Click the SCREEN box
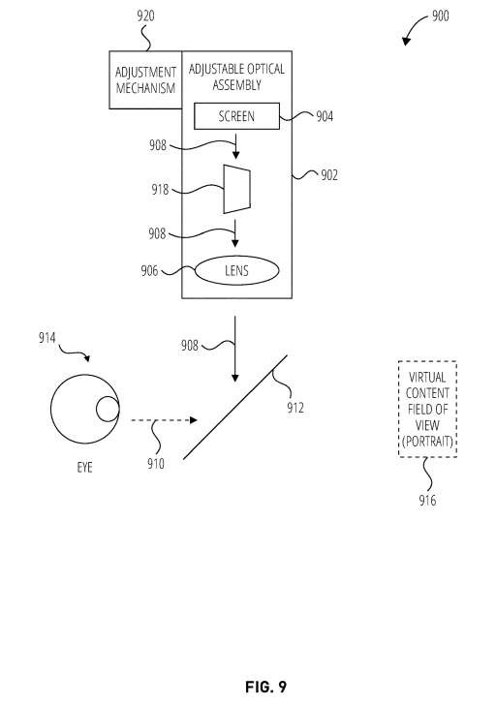point(236,116)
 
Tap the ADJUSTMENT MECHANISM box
point(145,81)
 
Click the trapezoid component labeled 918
point(237,188)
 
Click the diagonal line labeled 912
point(234,406)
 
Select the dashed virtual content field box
point(427,408)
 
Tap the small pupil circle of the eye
point(107,410)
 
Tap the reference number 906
point(149,270)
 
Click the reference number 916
point(427,500)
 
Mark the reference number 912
point(295,407)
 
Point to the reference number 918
point(159,191)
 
